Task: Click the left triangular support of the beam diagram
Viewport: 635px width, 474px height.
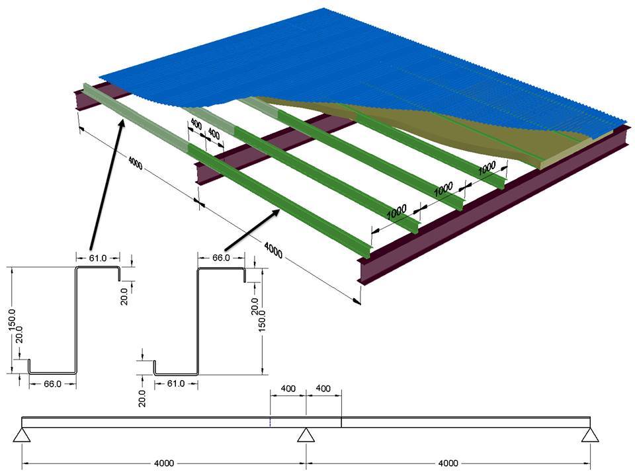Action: tap(22, 434)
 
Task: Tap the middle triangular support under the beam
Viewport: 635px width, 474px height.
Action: tap(305, 434)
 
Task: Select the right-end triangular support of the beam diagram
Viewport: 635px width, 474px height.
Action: tap(589, 434)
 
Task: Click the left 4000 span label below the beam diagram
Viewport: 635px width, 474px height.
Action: tap(163, 463)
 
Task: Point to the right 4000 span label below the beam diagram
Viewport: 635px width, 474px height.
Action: tap(448, 463)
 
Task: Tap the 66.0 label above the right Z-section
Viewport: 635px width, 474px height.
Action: tap(220, 258)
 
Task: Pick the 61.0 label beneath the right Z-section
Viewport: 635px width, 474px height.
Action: tap(176, 383)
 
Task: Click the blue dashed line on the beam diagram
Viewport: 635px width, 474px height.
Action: tap(270, 422)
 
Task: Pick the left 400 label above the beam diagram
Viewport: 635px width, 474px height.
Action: tap(288, 388)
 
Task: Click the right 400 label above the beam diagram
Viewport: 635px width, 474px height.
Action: tap(323, 388)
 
